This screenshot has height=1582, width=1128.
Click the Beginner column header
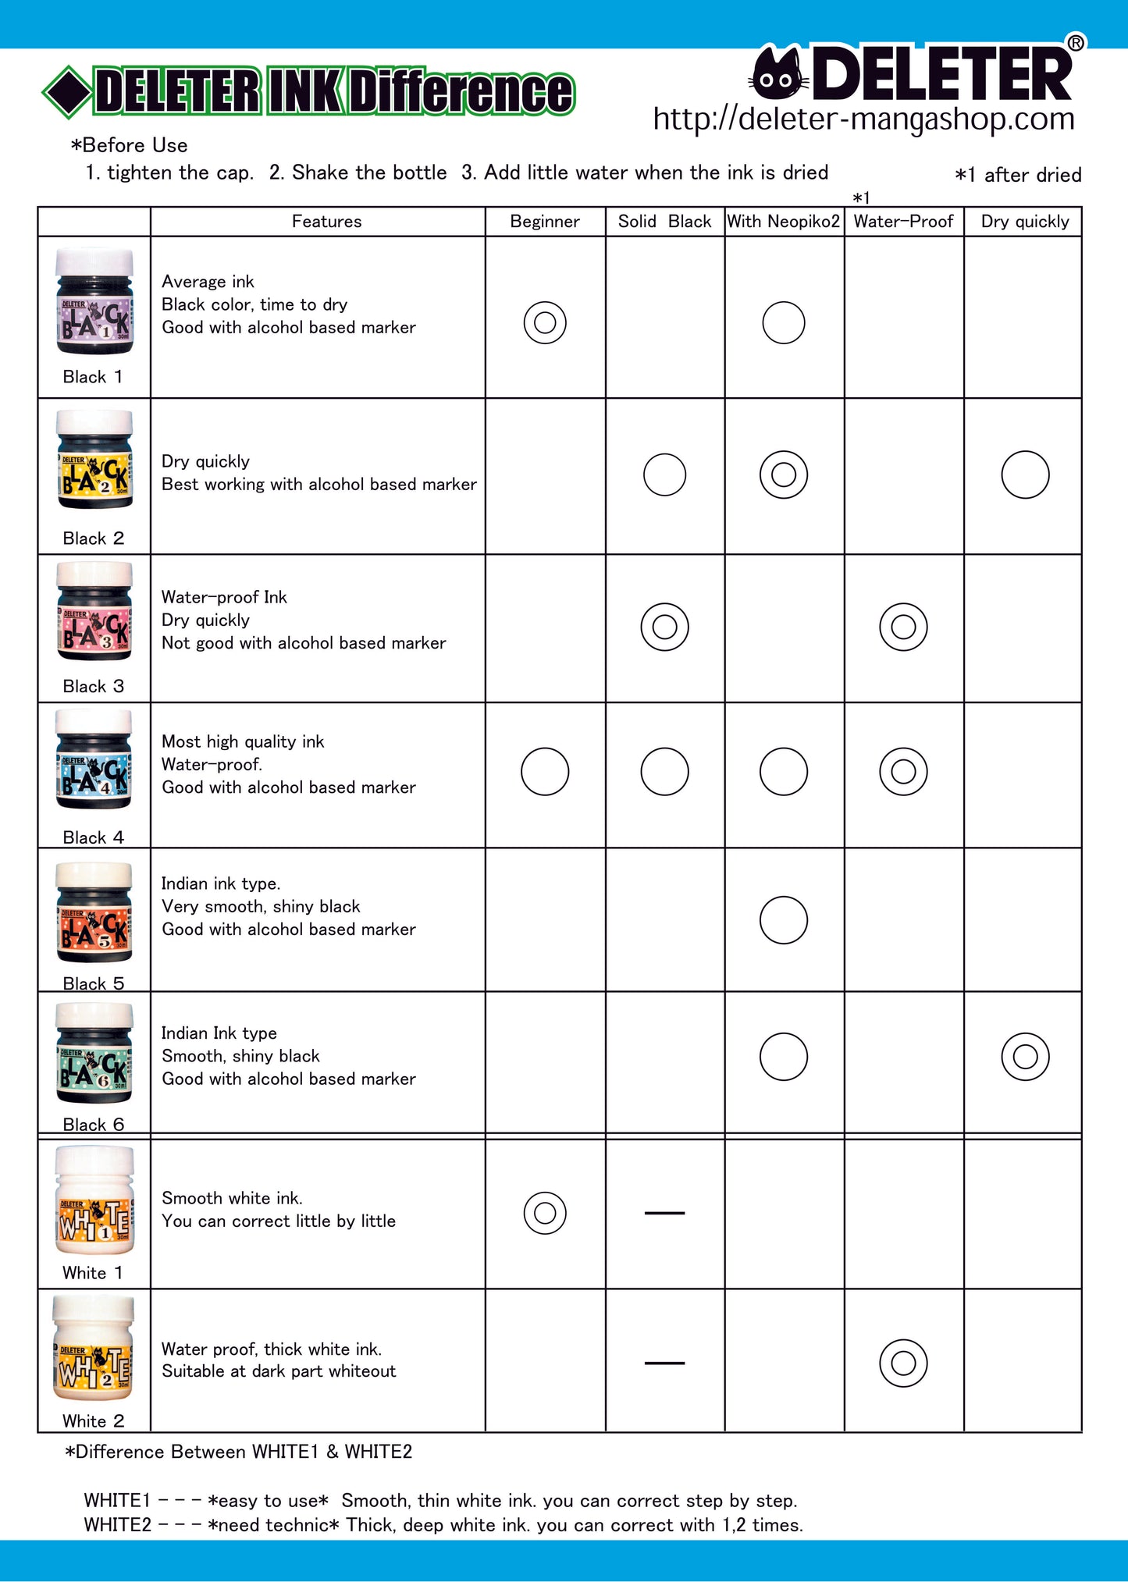(x=545, y=222)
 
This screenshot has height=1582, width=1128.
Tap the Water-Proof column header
(x=903, y=222)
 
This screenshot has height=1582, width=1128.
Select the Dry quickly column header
(x=1024, y=222)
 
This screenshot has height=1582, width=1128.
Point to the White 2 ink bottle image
(x=93, y=1348)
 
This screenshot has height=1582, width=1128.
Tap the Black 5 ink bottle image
(x=94, y=912)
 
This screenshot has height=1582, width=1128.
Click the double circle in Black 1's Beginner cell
(x=545, y=322)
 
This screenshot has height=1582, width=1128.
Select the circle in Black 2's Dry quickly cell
(x=1025, y=475)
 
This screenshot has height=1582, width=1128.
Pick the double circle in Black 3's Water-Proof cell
(x=903, y=627)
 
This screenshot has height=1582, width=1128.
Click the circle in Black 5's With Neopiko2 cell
(x=784, y=920)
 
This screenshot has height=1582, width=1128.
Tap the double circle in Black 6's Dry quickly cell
(x=1025, y=1057)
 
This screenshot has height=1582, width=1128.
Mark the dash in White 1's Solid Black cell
(x=664, y=1213)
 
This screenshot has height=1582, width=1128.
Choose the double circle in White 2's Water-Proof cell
(x=903, y=1363)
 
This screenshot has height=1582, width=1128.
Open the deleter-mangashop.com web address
(x=863, y=119)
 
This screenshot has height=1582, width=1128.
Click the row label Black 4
(x=93, y=837)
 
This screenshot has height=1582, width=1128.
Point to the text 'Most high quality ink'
(x=243, y=741)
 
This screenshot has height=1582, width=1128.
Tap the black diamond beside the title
(x=67, y=92)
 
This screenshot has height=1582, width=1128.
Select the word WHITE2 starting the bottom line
(x=117, y=1525)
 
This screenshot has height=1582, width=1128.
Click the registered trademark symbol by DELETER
(x=1076, y=43)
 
